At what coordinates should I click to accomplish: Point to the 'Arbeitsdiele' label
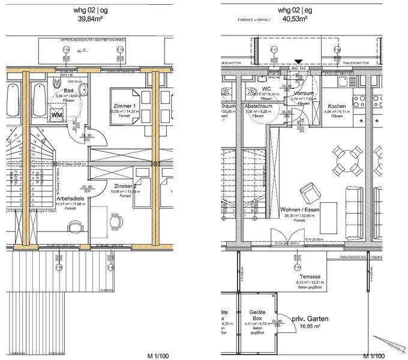[70, 197]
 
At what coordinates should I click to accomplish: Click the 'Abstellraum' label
[259, 105]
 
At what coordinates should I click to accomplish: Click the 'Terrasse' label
[310, 277]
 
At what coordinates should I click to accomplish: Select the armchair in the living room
[311, 192]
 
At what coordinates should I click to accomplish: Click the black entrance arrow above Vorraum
[299, 60]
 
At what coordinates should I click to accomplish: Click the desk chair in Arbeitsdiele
[115, 220]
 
